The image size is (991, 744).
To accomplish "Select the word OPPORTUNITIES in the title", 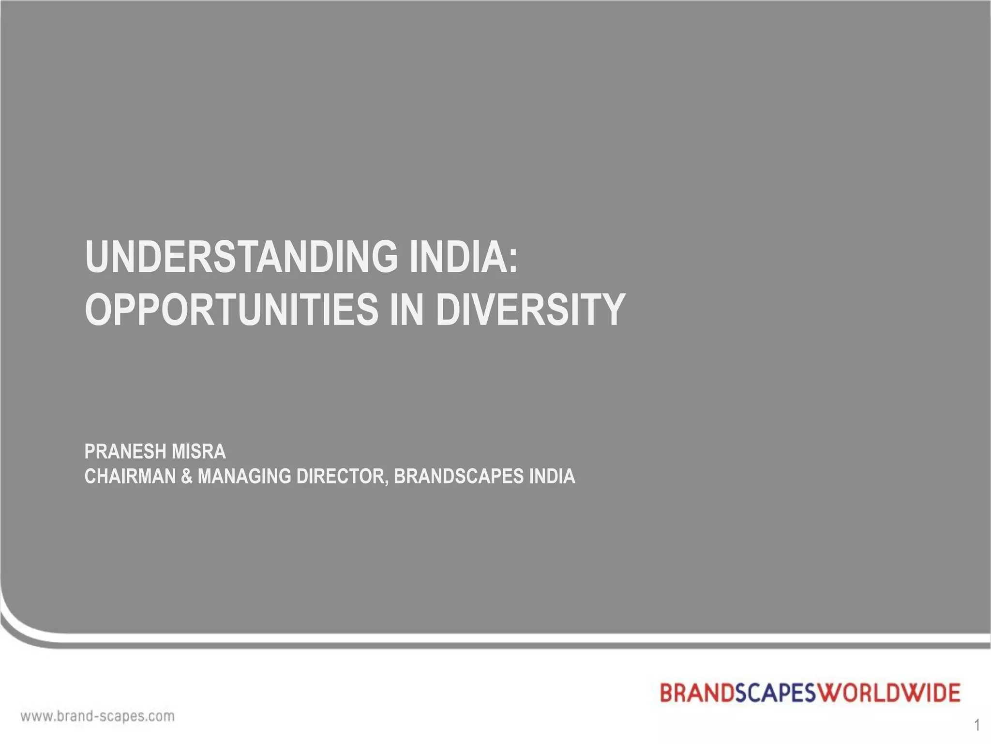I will (231, 310).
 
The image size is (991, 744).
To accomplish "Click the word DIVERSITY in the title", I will (530, 310).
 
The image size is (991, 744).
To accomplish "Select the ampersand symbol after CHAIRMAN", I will (186, 477).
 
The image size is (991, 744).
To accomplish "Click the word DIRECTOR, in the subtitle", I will (342, 477).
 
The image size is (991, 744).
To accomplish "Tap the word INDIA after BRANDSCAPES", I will (552, 477).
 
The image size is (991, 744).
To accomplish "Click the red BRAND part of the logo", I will (697, 693).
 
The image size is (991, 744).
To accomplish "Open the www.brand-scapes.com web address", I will (97, 716).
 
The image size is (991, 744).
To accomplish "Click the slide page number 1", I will (977, 725).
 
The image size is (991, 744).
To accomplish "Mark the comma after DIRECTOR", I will (386, 482).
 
